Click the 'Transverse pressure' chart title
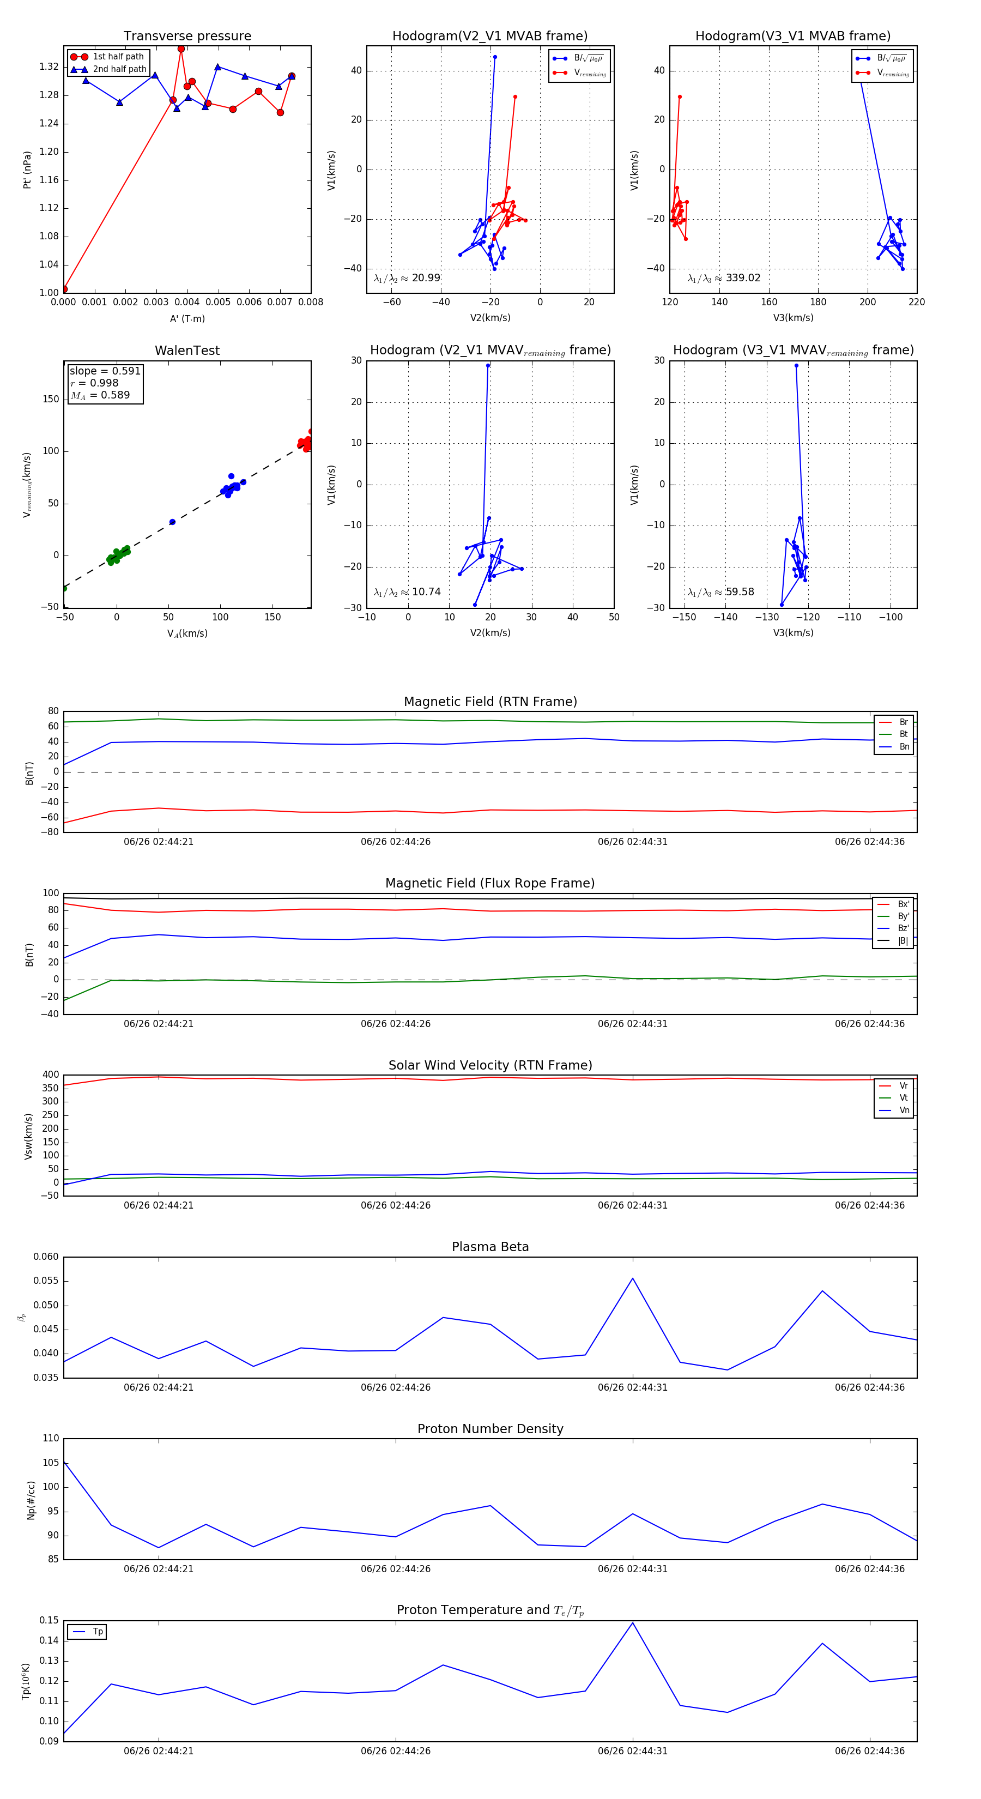point(187,37)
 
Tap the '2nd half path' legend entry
point(119,69)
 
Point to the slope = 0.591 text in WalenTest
point(105,371)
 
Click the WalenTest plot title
point(187,351)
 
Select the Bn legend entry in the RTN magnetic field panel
point(904,746)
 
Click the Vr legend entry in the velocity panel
point(904,1086)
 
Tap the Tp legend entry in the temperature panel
point(98,1632)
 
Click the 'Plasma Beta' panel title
point(490,1247)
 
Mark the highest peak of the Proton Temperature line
point(633,1622)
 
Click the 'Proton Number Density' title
point(490,1429)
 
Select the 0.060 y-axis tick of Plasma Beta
point(46,1257)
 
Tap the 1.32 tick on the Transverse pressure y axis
point(49,67)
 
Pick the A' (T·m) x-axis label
point(187,318)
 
